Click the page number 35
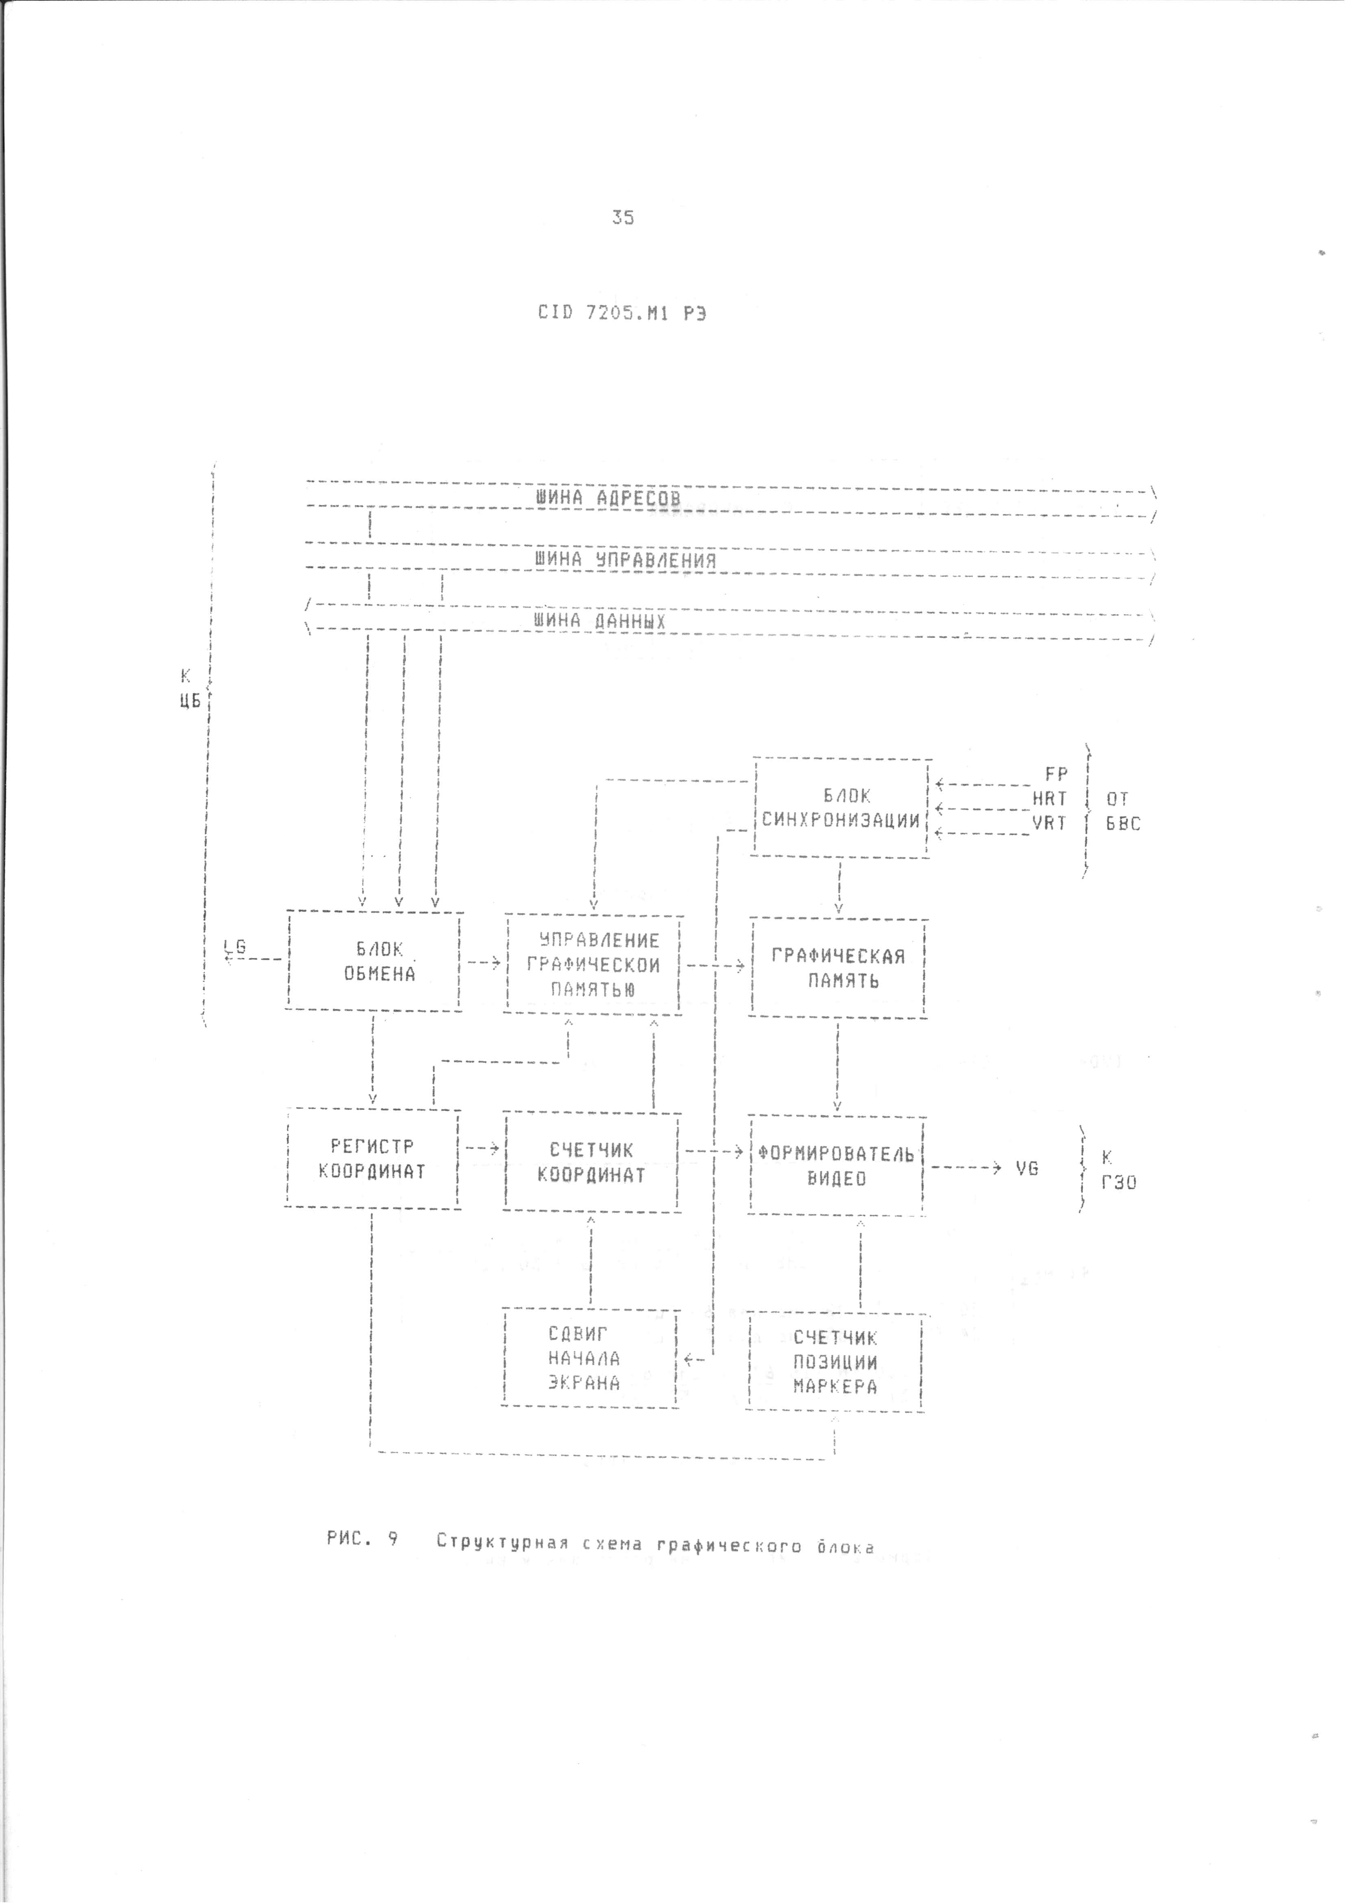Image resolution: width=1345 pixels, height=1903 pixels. click(623, 217)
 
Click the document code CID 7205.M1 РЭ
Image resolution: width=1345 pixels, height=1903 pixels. click(621, 313)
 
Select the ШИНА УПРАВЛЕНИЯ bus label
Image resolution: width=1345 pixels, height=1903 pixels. click(625, 559)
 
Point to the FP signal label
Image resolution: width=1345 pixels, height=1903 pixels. click(1056, 774)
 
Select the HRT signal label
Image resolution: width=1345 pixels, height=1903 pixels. click(1049, 799)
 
